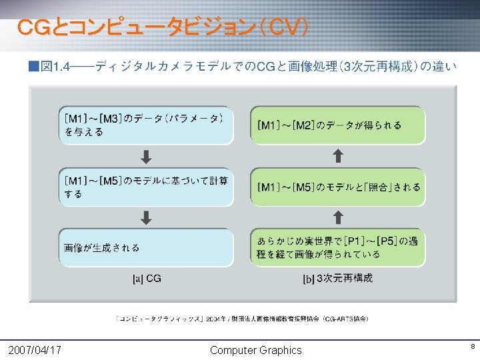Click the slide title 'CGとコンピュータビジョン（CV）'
163,28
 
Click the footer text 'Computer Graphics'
255,350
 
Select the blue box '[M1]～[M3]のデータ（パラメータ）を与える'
146,125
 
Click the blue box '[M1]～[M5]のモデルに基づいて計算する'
146,187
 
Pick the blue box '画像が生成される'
146,247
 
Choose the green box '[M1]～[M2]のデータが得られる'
338,125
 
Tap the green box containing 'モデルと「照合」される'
338,187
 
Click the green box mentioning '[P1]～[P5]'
338,247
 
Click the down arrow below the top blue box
146,157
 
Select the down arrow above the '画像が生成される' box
146,217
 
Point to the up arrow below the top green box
338,156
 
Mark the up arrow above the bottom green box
338,217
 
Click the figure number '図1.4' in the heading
55,66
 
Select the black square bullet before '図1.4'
33,66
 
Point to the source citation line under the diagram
243,319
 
